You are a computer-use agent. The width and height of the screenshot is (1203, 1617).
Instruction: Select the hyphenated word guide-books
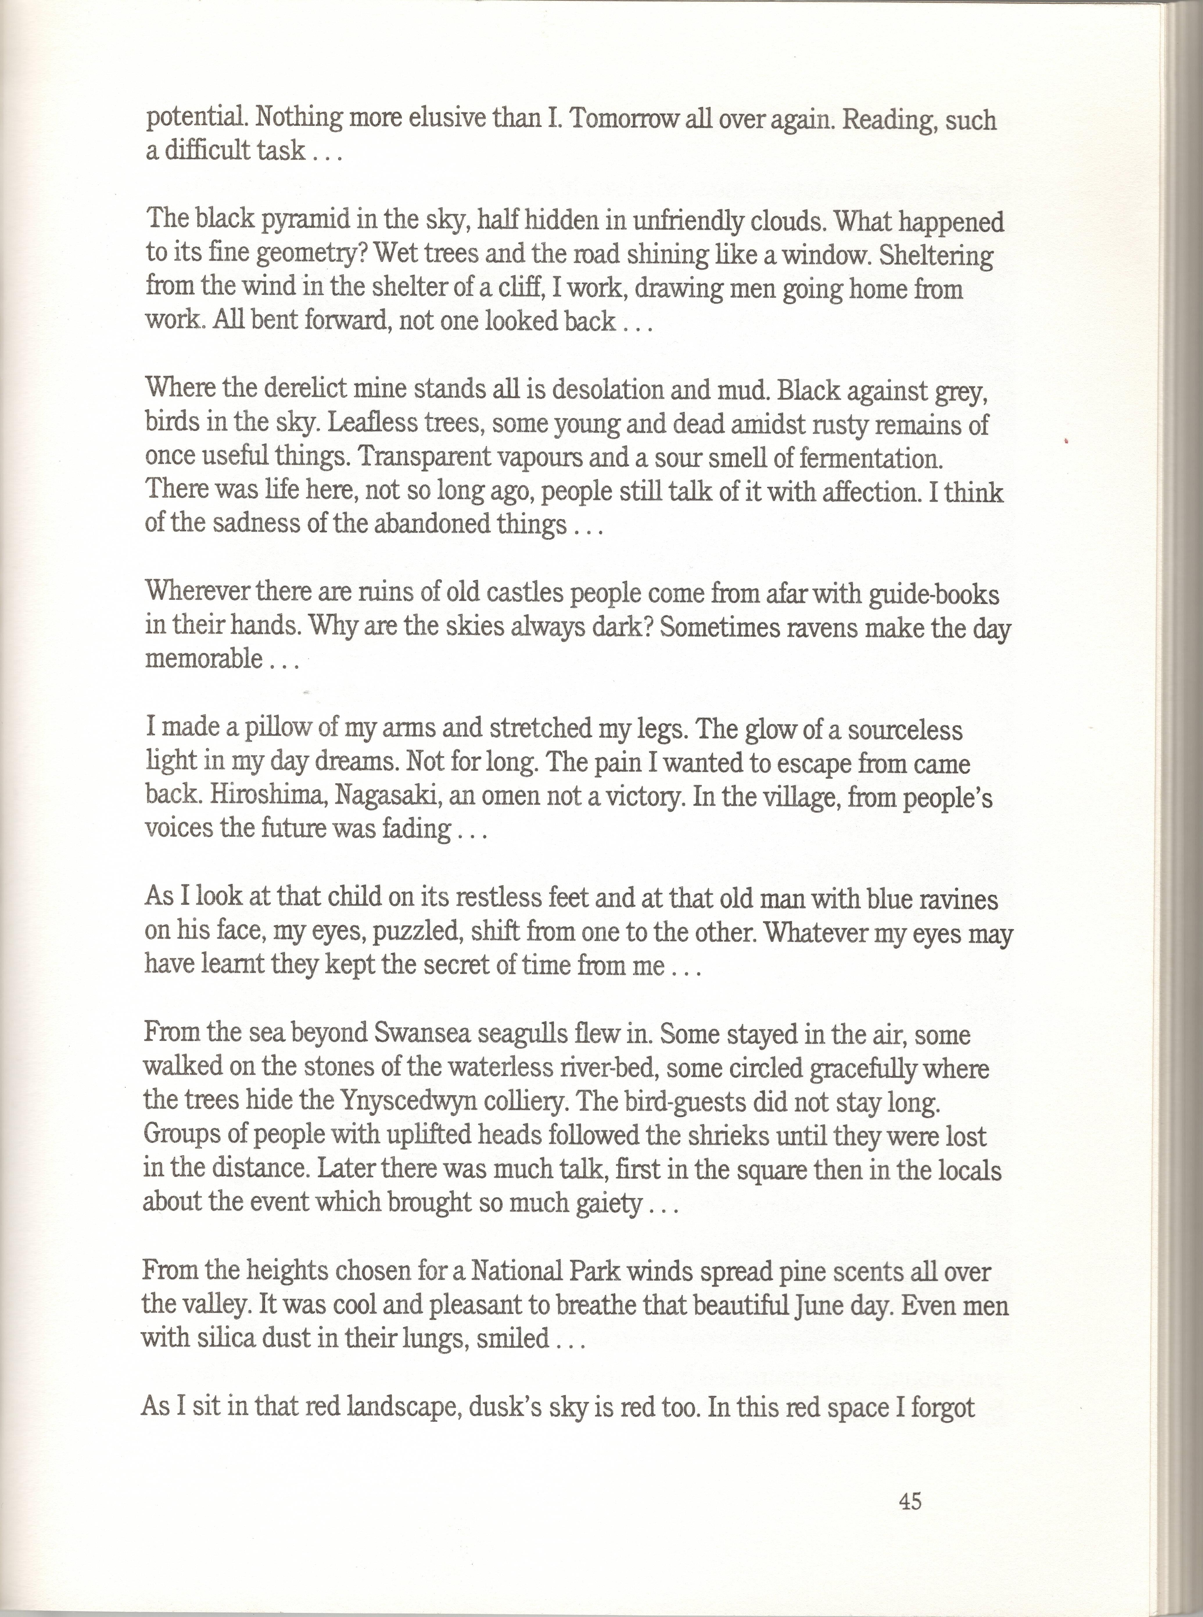pyautogui.click(x=934, y=595)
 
